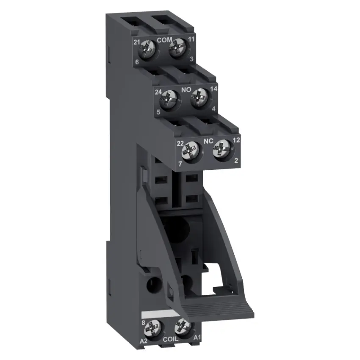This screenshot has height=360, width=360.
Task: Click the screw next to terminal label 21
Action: pos(147,49)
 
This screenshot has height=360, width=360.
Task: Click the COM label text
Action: pos(164,40)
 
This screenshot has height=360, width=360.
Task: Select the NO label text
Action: pos(186,90)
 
